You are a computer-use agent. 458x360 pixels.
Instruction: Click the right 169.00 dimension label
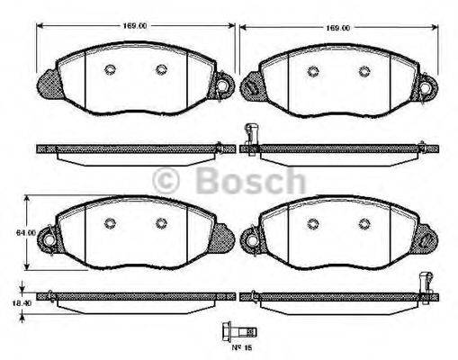point(337,28)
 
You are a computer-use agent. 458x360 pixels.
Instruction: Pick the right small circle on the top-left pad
point(160,70)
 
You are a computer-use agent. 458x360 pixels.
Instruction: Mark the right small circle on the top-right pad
point(364,70)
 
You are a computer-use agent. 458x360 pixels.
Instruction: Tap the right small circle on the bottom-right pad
point(364,224)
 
